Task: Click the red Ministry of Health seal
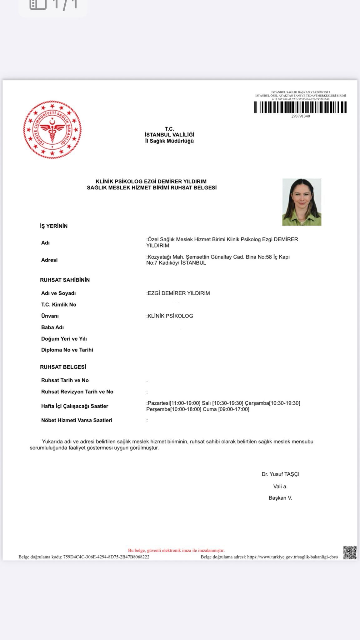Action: coord(52,129)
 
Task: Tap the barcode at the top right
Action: coord(300,107)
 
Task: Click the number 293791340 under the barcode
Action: coord(301,116)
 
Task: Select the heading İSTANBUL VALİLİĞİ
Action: coord(169,135)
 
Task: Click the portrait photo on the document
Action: coord(302,202)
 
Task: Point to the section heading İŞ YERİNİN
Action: coord(54,226)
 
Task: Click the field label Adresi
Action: coord(49,260)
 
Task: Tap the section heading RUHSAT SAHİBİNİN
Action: coord(65,280)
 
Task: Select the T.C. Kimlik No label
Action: coord(59,305)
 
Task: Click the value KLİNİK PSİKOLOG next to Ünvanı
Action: coord(170,316)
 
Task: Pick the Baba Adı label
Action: coord(52,327)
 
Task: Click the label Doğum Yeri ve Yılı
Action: coord(64,339)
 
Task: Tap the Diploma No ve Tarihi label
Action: coord(67,350)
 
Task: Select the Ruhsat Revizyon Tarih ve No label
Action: coord(77,392)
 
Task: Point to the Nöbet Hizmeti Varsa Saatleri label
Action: coord(77,420)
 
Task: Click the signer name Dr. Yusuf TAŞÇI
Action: coord(280,474)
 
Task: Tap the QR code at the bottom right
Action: coord(350,553)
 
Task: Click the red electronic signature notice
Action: coord(176,550)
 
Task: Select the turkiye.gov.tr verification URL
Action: coord(292,557)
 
